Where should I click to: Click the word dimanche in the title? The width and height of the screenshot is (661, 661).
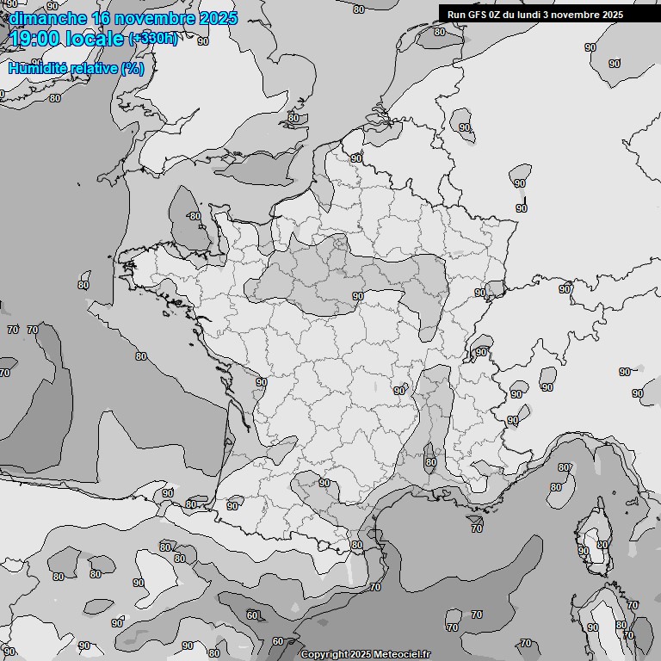[47, 17]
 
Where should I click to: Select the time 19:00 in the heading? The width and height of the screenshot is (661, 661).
[34, 39]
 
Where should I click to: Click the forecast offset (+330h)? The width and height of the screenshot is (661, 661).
[153, 39]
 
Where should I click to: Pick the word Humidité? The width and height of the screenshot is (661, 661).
[37, 68]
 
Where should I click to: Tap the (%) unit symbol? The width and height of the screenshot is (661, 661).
[133, 68]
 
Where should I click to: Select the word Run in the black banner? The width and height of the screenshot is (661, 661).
[456, 14]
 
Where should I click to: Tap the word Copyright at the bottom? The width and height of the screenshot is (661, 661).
[324, 655]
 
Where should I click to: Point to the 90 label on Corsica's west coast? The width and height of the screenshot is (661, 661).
[584, 551]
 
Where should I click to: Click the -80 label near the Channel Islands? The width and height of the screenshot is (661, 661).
[194, 216]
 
